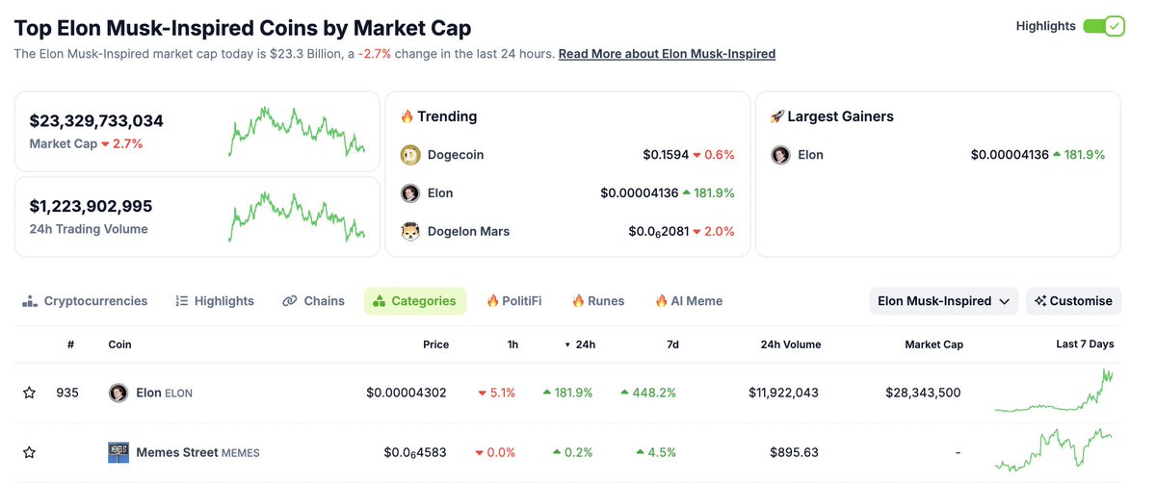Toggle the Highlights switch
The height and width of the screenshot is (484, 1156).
point(1103,26)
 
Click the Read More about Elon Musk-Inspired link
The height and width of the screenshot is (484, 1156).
point(667,54)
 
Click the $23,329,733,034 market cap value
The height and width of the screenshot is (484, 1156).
point(96,121)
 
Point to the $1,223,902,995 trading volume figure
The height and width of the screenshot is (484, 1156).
point(91,206)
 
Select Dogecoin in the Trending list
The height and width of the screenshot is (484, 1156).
point(456,155)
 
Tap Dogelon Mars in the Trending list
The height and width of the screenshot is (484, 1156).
point(468,231)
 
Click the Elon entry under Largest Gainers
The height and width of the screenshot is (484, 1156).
point(810,155)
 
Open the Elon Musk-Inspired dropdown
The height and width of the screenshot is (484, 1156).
point(943,301)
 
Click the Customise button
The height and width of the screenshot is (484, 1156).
point(1073,301)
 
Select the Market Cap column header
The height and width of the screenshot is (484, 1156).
point(933,344)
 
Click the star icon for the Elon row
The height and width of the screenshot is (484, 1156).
point(29,393)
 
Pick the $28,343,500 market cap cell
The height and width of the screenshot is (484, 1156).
point(922,393)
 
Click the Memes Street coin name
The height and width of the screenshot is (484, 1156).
point(176,452)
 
